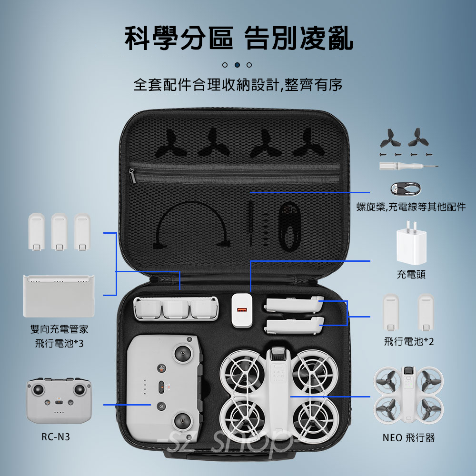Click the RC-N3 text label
[56, 437]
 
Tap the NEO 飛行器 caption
[408, 438]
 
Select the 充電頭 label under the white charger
[411, 275]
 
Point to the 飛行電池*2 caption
[409, 341]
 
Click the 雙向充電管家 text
[59, 329]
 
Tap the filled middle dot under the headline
[238, 65]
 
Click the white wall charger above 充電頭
[411, 243]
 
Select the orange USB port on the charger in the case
[242, 310]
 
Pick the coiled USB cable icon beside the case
[406, 188]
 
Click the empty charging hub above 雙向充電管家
[59, 296]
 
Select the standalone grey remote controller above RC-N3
[59, 401]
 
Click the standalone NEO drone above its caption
[408, 395]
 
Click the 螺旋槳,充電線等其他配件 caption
[411, 207]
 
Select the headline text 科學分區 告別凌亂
[239, 38]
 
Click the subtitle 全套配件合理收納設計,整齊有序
[238, 85]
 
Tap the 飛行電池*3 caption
[59, 343]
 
